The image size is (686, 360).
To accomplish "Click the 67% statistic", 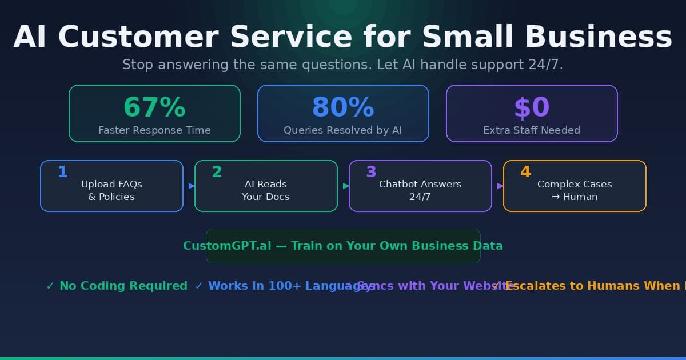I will [154, 107].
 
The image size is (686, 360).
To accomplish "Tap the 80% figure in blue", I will [343, 107].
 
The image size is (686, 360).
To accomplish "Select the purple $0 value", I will [532, 107].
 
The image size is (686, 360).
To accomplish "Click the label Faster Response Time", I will [154, 130].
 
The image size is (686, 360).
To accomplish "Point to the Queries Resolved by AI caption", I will [343, 130].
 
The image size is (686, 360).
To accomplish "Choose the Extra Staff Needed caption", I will [532, 130].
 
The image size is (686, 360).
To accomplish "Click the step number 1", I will [63, 172].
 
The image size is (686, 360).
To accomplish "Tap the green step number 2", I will [217, 172].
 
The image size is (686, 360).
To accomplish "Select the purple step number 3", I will [371, 172].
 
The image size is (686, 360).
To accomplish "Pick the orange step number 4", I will [525, 172].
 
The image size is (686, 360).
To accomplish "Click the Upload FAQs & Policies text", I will [111, 190].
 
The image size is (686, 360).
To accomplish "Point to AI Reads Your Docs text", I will [266, 190].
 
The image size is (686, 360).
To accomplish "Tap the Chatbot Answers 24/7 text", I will [420, 190].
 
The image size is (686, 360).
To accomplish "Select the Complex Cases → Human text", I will [575, 190].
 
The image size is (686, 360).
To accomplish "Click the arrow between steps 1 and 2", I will [192, 186].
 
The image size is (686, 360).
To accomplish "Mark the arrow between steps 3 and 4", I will [500, 186].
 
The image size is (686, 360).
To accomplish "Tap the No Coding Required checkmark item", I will [117, 286].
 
